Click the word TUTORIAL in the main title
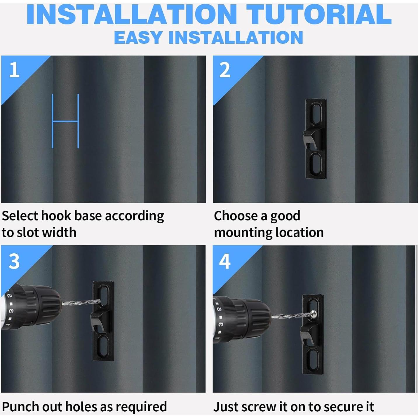tap(319, 14)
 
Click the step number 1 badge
tap(14, 70)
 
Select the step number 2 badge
tap(224, 70)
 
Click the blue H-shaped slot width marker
tap(65, 121)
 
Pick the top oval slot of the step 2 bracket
tap(316, 114)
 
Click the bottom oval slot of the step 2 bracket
tap(316, 163)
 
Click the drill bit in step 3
tap(81, 302)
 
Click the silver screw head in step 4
tap(313, 314)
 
